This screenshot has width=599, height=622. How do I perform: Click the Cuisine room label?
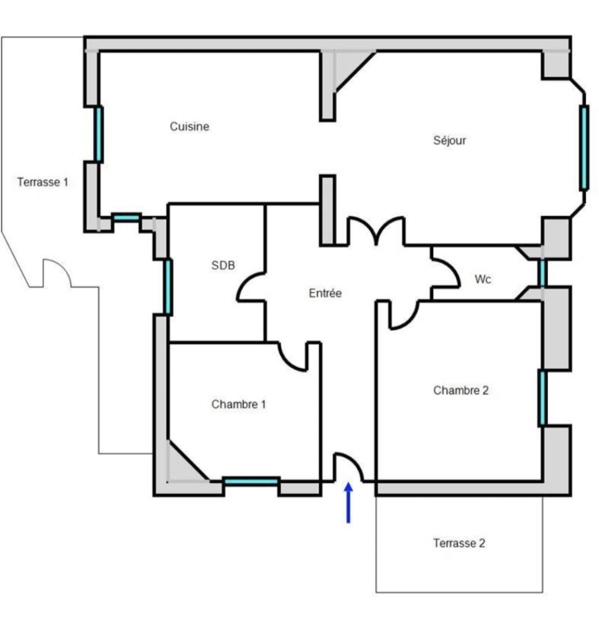click(189, 127)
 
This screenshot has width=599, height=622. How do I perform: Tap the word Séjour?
click(449, 140)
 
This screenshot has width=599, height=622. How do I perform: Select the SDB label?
click(223, 266)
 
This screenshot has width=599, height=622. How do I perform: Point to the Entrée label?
click(325, 293)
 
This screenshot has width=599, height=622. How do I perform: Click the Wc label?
click(483, 279)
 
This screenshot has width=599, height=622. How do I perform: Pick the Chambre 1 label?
click(238, 404)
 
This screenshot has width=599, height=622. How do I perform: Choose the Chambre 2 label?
click(461, 390)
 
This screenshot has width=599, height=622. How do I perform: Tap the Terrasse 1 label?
click(43, 183)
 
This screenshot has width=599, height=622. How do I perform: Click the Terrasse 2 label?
click(459, 543)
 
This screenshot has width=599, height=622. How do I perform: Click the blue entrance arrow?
click(348, 503)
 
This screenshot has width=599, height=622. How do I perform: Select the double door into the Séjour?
click(375, 229)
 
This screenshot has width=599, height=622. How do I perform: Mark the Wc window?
click(542, 273)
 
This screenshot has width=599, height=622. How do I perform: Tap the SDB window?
click(168, 287)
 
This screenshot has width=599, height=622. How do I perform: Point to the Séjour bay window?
click(584, 147)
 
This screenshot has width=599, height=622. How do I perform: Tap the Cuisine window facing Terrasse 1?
click(99, 134)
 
